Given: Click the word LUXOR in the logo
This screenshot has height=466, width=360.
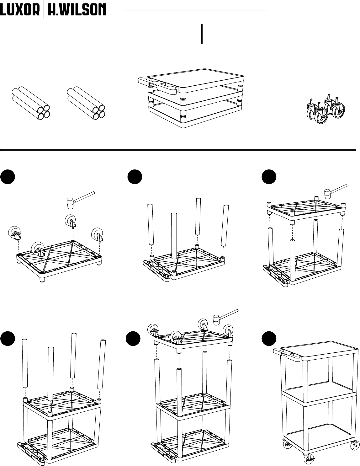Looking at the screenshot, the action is pyautogui.click(x=20, y=10).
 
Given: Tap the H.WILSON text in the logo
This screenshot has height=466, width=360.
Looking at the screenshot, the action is pyautogui.click(x=77, y=10).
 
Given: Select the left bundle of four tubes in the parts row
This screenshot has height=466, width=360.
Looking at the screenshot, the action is pyautogui.click(x=31, y=103).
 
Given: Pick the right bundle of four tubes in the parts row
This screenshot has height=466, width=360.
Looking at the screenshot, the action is pyautogui.click(x=86, y=103).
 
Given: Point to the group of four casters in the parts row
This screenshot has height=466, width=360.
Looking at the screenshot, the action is pyautogui.click(x=326, y=110).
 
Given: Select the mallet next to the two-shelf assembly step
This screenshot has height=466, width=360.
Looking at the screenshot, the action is pyautogui.click(x=336, y=191).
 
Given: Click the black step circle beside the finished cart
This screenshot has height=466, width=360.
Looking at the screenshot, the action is pyautogui.click(x=269, y=339).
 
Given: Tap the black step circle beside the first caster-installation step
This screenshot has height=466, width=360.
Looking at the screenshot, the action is pyautogui.click(x=8, y=177).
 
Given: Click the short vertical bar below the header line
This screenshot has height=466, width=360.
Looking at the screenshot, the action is pyautogui.click(x=202, y=34).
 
